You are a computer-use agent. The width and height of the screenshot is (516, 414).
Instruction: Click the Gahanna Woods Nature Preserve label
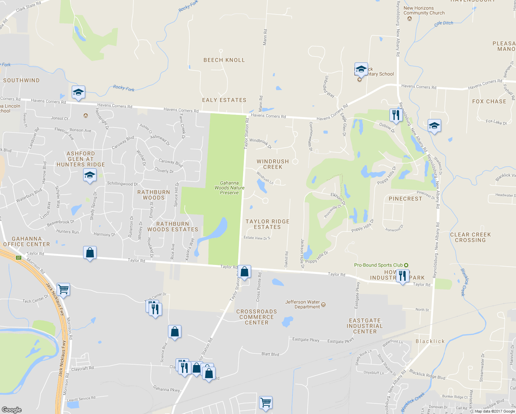coord(229,188)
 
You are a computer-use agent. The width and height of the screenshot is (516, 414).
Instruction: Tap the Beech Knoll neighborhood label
coord(224,60)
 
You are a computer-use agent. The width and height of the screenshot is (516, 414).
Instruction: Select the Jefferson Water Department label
coord(302,304)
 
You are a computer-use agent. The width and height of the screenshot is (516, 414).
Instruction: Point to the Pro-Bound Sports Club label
coord(378,265)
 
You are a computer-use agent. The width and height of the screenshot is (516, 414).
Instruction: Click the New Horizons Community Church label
coord(424,11)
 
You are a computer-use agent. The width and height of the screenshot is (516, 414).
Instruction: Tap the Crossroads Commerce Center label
coord(257,317)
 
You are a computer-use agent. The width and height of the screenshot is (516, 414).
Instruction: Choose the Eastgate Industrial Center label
coord(365,326)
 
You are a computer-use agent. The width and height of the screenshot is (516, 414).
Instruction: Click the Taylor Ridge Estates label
coord(267,224)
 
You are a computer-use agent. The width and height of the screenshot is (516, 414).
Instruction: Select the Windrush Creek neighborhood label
coord(273,164)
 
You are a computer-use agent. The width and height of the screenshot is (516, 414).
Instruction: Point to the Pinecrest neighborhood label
coord(405,199)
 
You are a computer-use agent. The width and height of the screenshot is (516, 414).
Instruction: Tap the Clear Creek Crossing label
coord(470,237)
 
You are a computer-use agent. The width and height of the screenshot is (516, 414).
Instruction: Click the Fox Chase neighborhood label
coord(489,101)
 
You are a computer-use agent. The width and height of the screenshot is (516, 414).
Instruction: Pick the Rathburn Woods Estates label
coord(173,227)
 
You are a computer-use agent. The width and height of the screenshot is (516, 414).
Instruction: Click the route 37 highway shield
coord(19,257)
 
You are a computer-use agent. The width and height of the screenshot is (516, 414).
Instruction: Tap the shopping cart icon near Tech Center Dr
coord(63,289)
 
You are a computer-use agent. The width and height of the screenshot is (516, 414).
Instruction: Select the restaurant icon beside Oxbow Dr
coord(396,115)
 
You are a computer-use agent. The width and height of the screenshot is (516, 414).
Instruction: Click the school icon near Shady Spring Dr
coord(90,175)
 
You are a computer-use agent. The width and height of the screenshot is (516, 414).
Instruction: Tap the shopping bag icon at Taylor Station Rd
coord(244,272)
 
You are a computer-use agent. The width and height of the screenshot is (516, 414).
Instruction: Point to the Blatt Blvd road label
coord(270,354)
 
